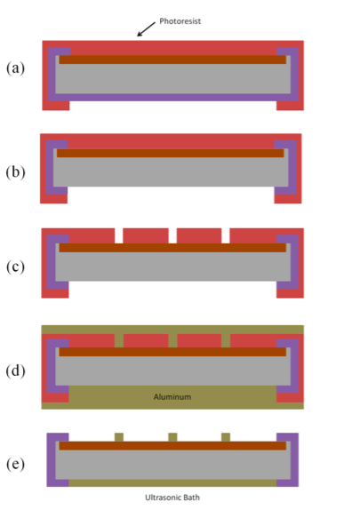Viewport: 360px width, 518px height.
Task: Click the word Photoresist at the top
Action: point(180,21)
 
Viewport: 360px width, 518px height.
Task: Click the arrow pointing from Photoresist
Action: point(146,29)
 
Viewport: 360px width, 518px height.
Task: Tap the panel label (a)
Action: point(15,68)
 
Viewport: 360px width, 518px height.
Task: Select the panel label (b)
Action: point(15,172)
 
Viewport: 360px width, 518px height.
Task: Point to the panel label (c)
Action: point(15,267)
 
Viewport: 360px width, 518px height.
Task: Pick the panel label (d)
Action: point(15,371)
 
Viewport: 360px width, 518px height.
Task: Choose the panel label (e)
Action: point(15,464)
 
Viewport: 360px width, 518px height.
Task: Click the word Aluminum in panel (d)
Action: point(172,397)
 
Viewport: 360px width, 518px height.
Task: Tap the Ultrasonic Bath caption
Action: point(172,498)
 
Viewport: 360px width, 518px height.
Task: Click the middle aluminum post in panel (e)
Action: point(172,437)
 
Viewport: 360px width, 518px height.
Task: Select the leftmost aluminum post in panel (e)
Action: point(119,437)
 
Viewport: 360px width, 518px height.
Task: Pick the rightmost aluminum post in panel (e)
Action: point(226,437)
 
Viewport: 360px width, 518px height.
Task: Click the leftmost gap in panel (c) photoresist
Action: point(119,235)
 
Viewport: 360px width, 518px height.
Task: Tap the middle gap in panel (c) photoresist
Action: point(172,235)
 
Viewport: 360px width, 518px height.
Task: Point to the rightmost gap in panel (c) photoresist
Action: point(226,235)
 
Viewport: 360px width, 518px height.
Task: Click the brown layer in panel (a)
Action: point(172,60)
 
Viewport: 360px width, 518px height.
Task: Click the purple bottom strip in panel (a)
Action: point(173,97)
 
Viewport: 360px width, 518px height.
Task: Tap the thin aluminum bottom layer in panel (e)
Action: point(172,483)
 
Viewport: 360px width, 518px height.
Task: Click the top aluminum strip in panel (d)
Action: point(172,330)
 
